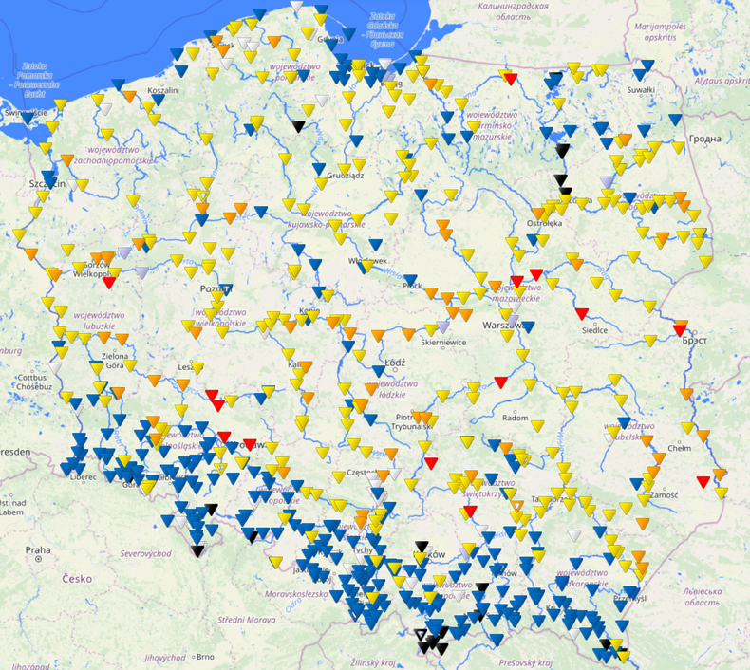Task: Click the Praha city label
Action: coord(37,549)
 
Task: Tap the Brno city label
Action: coord(203,656)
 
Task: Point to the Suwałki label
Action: coord(641,90)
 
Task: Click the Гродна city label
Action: coord(705,139)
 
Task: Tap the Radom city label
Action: coord(516,418)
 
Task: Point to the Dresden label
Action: coord(13,453)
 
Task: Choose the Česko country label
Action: coord(78,578)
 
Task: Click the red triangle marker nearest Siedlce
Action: coord(581,314)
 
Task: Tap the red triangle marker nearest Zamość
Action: coord(703,482)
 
